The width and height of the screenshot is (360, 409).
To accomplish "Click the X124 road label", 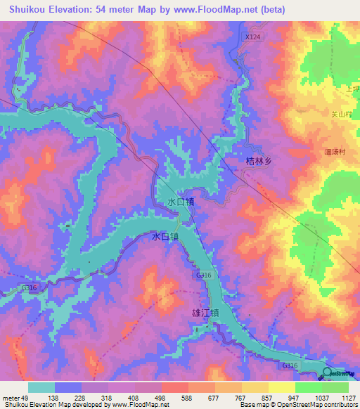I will click(x=253, y=35).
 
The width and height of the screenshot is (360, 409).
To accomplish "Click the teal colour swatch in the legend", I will click(x=41, y=387).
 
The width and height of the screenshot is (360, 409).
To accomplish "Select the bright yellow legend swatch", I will click(x=281, y=387).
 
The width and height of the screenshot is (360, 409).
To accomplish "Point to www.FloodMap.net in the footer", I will click(x=139, y=405).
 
